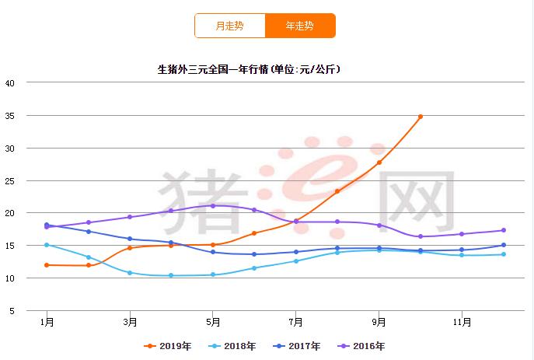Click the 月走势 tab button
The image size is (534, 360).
pyautogui.click(x=229, y=26)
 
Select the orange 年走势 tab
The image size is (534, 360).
pyautogui.click(x=300, y=26)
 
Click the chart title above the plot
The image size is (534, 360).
pyautogui.click(x=250, y=69)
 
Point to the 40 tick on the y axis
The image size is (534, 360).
pyautogui.click(x=10, y=83)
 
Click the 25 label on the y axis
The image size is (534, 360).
pyautogui.click(x=10, y=181)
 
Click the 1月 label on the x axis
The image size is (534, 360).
pyautogui.click(x=47, y=320)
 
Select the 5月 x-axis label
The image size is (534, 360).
pyautogui.click(x=213, y=320)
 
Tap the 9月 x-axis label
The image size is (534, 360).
pyautogui.click(x=379, y=320)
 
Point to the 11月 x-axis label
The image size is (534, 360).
pyautogui.click(x=462, y=320)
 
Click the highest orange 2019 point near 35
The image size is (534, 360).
pyautogui.click(x=421, y=117)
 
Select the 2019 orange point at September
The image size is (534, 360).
pyautogui.click(x=379, y=163)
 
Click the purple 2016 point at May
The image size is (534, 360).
pyautogui.click(x=213, y=205)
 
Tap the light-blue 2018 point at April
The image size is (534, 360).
pyautogui.click(x=172, y=275)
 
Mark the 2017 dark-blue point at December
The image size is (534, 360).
pyautogui.click(x=504, y=246)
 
